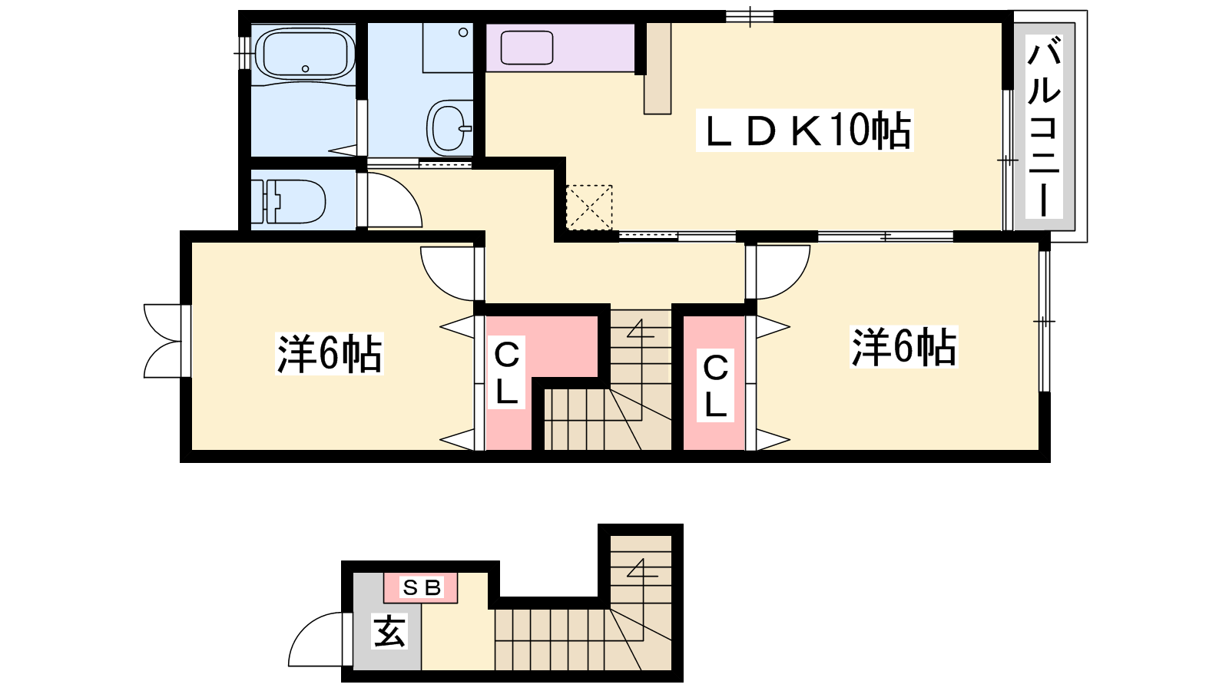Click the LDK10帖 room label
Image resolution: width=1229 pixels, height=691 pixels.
pyautogui.click(x=804, y=131)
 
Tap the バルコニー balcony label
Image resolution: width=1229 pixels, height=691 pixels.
pyautogui.click(x=1044, y=126)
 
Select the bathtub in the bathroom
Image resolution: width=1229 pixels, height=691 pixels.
pyautogui.click(x=305, y=54)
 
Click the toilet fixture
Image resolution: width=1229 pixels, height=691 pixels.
pyautogui.click(x=289, y=200)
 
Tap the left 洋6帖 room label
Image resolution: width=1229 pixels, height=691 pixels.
pyautogui.click(x=330, y=353)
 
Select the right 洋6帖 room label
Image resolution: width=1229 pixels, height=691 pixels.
pyautogui.click(x=903, y=346)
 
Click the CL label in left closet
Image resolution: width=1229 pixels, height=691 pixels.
pyautogui.click(x=506, y=372)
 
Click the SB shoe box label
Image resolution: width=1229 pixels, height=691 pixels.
pyautogui.click(x=422, y=588)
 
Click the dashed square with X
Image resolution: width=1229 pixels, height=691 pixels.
pyautogui.click(x=588, y=207)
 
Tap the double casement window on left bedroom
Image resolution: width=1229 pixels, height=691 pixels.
pyautogui.click(x=162, y=341)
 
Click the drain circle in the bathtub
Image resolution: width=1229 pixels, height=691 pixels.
pyautogui.click(x=305, y=69)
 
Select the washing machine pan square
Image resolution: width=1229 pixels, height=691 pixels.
pyautogui.click(x=448, y=47)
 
